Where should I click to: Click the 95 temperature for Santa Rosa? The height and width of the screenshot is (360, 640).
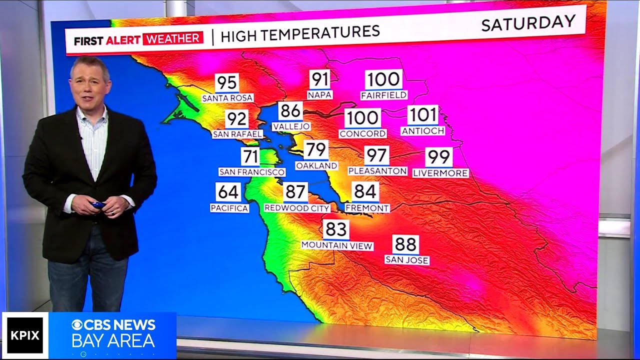click(227, 83)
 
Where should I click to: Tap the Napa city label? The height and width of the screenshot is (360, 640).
click(320, 94)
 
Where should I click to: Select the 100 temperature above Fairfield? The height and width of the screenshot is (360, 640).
click(383, 79)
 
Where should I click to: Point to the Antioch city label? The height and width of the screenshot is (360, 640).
click(423, 131)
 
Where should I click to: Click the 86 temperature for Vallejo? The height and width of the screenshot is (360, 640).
click(291, 111)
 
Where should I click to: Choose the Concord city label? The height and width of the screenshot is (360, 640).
click(362, 133)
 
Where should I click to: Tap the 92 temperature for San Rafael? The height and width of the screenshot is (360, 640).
click(237, 119)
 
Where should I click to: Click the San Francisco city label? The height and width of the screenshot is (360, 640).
click(252, 172)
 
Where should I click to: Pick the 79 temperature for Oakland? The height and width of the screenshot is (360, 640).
click(316, 149)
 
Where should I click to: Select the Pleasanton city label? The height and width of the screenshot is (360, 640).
click(377, 171)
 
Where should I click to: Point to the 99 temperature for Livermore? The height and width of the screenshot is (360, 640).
click(439, 157)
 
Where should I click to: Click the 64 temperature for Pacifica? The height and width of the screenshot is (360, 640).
click(228, 192)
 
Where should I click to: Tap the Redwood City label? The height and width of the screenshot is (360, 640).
click(297, 208)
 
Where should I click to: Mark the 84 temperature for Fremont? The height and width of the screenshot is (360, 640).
click(364, 191)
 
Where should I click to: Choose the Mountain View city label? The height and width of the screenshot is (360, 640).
click(337, 245)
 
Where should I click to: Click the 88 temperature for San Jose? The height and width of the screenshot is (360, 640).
click(405, 244)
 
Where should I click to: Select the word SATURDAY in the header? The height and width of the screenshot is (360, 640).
click(528, 22)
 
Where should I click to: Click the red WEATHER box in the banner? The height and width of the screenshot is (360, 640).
click(172, 39)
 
